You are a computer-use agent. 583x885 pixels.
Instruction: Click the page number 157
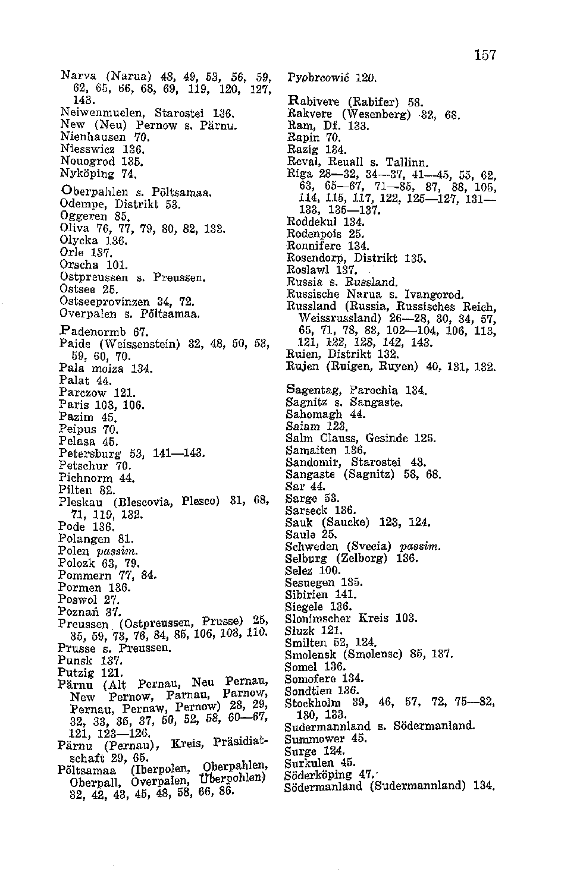pyautogui.click(x=485, y=55)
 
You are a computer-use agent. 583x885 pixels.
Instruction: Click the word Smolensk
pyautogui.click(x=312, y=654)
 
